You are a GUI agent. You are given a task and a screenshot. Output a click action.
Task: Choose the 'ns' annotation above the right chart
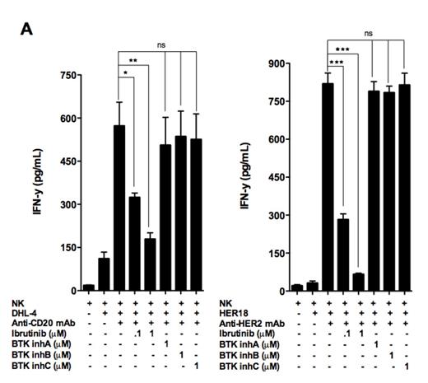point(369,34)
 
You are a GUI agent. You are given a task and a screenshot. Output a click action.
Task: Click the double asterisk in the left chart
point(133,59)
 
